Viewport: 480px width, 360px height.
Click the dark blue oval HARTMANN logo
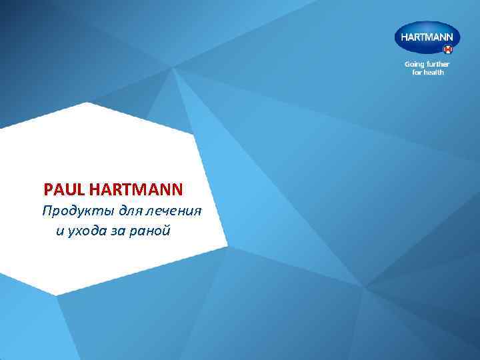[427, 38]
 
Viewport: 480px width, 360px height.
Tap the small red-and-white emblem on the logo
[448, 49]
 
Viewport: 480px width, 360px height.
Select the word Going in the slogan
[415, 65]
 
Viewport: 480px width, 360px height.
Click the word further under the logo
[437, 65]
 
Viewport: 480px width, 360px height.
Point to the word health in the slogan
[434, 72]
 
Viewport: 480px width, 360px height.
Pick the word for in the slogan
[417, 72]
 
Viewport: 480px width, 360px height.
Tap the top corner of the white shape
[87, 102]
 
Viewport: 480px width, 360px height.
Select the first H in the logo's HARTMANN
[404, 37]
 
